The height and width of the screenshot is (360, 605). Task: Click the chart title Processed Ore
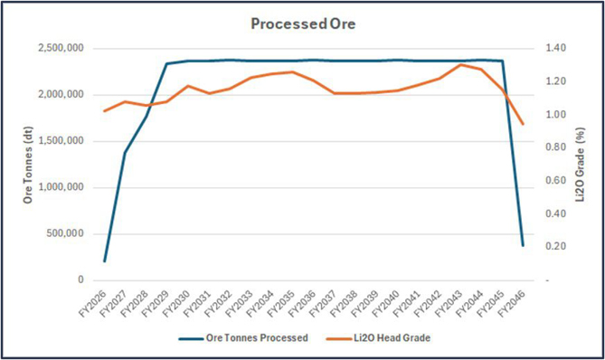(x=303, y=24)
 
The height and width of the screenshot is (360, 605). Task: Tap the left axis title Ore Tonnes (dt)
(x=28, y=165)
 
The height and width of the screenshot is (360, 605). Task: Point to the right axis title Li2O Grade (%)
(x=580, y=165)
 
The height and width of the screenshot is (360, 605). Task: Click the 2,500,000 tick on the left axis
(x=61, y=48)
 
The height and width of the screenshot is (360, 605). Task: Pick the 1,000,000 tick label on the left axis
(x=61, y=187)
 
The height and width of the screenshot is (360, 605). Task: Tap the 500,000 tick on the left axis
(x=65, y=233)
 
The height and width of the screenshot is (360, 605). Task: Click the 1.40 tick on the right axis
(x=555, y=48)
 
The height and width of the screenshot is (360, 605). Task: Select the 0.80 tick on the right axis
(x=555, y=147)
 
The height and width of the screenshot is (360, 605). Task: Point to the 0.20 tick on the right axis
(x=555, y=246)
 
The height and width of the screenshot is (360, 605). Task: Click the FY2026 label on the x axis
(x=92, y=304)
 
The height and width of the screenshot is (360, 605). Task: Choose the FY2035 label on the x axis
(x=281, y=304)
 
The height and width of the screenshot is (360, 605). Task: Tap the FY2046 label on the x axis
(x=511, y=304)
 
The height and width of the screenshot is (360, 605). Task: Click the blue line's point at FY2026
(x=104, y=261)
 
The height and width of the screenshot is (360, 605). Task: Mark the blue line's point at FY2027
(x=125, y=153)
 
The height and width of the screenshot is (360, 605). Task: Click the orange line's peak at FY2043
(x=460, y=64)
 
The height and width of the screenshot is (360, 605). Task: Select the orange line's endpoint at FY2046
(x=523, y=124)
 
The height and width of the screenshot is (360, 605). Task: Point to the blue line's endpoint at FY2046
(x=523, y=245)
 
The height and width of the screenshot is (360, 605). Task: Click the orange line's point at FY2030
(x=188, y=86)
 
